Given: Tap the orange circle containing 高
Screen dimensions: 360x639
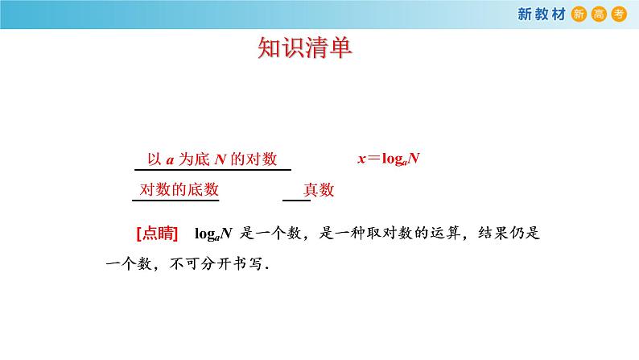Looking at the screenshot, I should pyautogui.click(x=598, y=13).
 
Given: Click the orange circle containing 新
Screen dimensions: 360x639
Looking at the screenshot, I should pyautogui.click(x=579, y=13).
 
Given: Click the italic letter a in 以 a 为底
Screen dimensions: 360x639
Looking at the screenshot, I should pyautogui.click(x=171, y=159).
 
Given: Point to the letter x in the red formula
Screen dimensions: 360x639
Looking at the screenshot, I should pyautogui.click(x=362, y=159).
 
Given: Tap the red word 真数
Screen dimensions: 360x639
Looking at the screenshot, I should pyautogui.click(x=319, y=191).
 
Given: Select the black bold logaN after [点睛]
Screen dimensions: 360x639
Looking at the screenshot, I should pyautogui.click(x=214, y=234).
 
